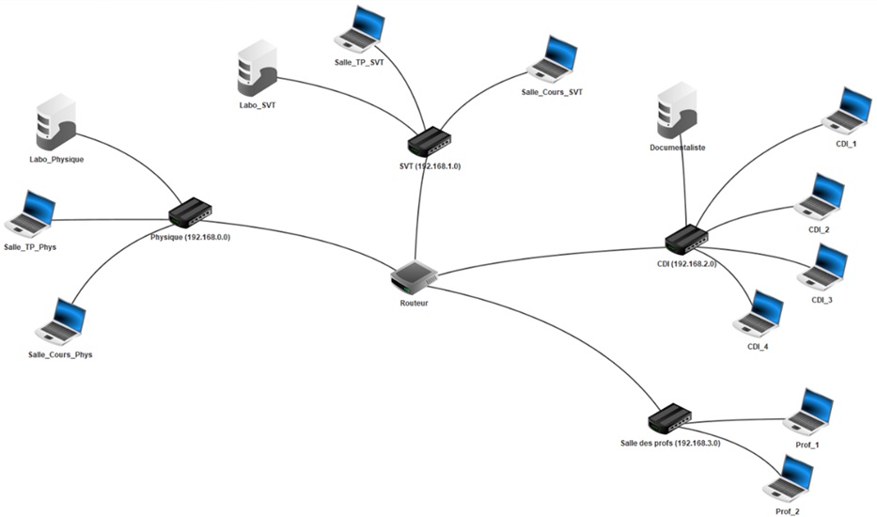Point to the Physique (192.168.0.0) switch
pyautogui.click(x=191, y=213)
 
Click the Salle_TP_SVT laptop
pyautogui.click(x=361, y=28)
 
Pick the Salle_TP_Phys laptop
pyautogui.click(x=31, y=212)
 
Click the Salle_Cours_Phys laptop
pyautogui.click(x=61, y=322)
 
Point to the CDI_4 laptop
pyautogui.click(x=760, y=314)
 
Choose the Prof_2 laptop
pyautogui.click(x=789, y=478)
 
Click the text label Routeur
pyautogui.click(x=414, y=303)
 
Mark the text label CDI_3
pyautogui.click(x=822, y=300)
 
